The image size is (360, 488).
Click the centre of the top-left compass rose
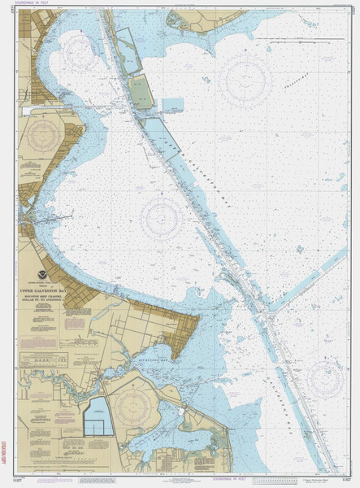point(80,51)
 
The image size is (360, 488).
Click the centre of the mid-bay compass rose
point(161,218)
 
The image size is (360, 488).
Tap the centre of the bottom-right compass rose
point(326,377)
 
